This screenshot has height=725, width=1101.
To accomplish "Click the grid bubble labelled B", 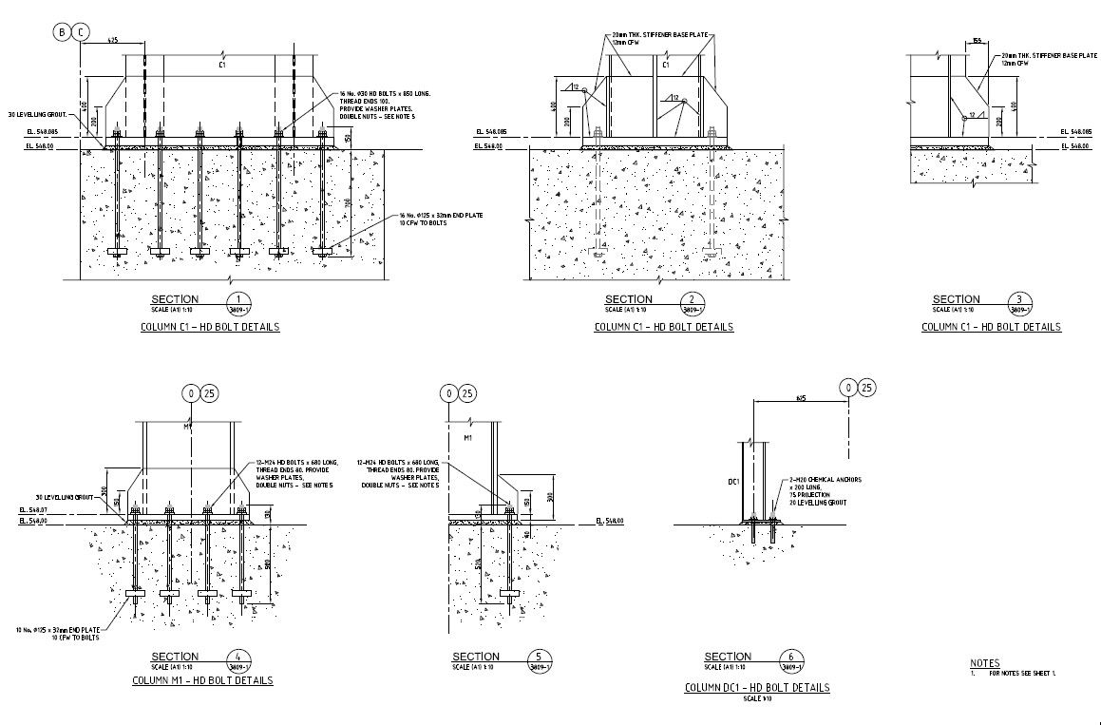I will coord(63,32).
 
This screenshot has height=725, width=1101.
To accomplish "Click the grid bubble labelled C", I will coord(82,32).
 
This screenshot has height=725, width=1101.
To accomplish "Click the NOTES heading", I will coord(984,663).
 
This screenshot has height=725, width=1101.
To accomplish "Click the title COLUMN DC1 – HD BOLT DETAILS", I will coord(756,687).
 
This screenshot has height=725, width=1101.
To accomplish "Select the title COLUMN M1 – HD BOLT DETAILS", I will coord(201,680).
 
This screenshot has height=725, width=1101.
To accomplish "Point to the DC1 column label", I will coord(733,483).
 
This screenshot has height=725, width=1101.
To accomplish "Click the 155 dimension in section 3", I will coord(977,41).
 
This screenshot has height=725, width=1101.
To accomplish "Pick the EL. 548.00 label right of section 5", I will coord(608,522).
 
